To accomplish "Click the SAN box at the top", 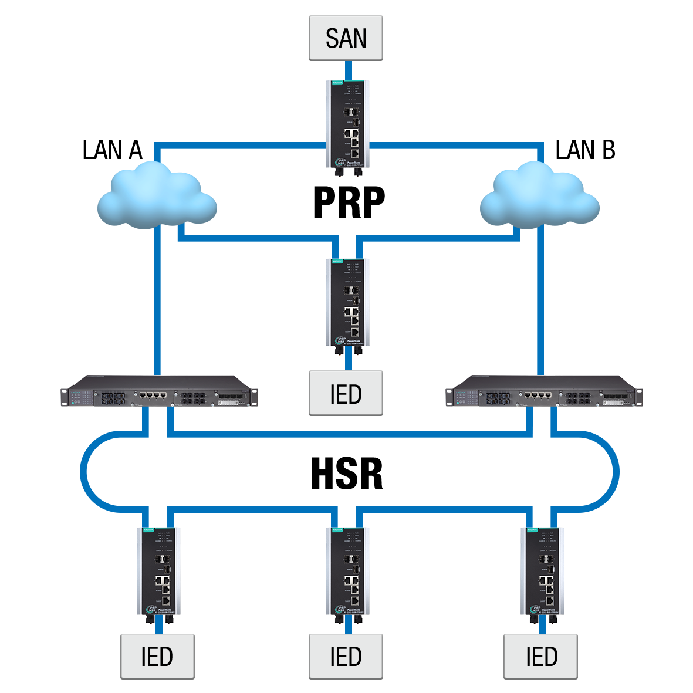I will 346,39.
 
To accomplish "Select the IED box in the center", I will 346,394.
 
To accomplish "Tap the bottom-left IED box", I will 157,656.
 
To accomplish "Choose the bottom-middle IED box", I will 346,656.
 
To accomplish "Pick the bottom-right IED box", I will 540,656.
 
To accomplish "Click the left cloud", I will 157,195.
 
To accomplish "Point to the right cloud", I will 539,195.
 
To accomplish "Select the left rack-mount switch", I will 159,391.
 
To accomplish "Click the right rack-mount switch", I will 544,391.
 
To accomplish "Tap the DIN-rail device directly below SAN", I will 347,128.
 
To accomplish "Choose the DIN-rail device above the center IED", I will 347,306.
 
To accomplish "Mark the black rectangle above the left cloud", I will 113,149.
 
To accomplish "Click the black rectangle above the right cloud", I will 585,149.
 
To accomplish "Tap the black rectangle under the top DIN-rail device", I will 349,202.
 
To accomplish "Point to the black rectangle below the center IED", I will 347,472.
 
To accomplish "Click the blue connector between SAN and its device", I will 348,70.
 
